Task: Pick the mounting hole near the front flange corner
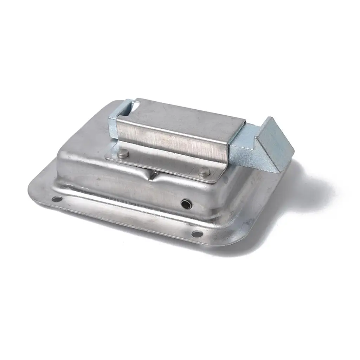pos(197,233)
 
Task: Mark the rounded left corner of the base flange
pos(33,190)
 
